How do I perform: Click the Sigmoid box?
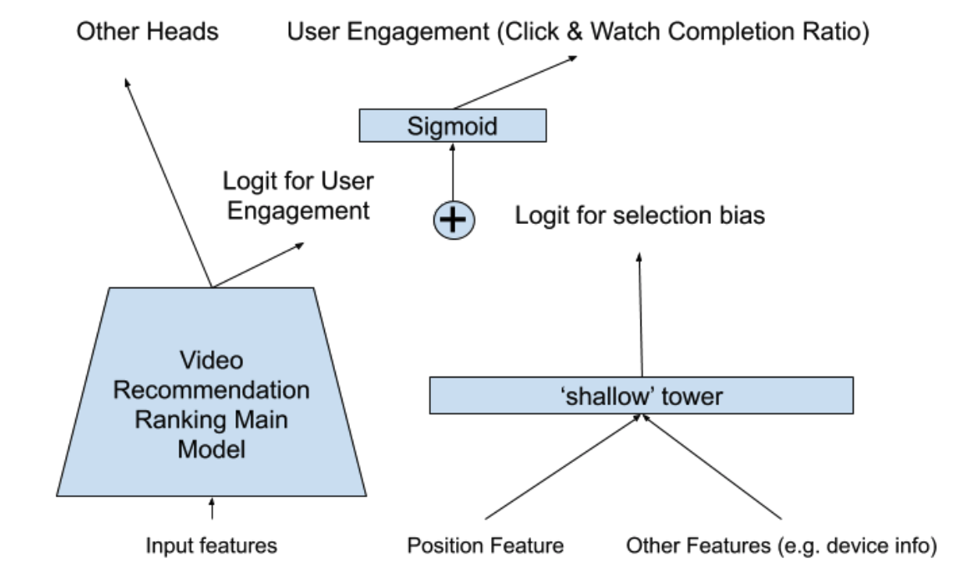click(x=453, y=126)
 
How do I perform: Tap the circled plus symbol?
click(x=454, y=220)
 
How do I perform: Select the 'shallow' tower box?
click(x=641, y=396)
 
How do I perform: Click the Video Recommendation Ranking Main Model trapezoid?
click(x=211, y=392)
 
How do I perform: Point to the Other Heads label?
click(x=147, y=31)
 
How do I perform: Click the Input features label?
click(x=211, y=545)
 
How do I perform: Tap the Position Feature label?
click(x=485, y=545)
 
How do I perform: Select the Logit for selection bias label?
click(x=640, y=216)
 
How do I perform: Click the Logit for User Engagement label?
click(x=298, y=195)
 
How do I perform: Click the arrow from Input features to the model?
click(x=212, y=509)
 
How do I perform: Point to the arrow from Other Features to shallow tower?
click(x=712, y=467)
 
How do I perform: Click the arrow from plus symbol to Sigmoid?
click(x=453, y=173)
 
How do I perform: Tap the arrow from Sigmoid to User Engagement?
click(x=515, y=83)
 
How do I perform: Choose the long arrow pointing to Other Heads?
click(x=168, y=182)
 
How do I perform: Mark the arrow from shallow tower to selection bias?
click(x=641, y=314)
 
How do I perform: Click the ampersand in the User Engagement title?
click(x=575, y=32)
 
